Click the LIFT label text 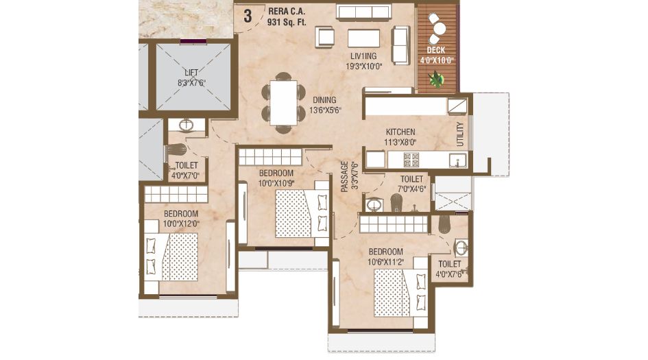click(x=191, y=73)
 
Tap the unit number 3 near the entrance click(x=248, y=16)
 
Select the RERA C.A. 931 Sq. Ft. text click(x=287, y=17)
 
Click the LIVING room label click(x=363, y=56)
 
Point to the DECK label click(x=436, y=50)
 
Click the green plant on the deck click(x=435, y=79)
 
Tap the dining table click(x=283, y=102)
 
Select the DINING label click(x=324, y=100)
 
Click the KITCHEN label click(x=400, y=132)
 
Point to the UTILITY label click(x=460, y=134)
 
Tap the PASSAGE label click(x=345, y=177)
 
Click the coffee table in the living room click(x=363, y=38)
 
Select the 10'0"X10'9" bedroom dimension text click(x=276, y=182)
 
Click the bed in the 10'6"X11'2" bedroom click(x=400, y=292)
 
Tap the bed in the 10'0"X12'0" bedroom click(x=171, y=257)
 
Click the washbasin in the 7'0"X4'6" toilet click(x=374, y=204)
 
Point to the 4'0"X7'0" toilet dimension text click(x=186, y=176)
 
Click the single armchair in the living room click(x=325, y=37)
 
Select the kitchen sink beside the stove click(x=458, y=160)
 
